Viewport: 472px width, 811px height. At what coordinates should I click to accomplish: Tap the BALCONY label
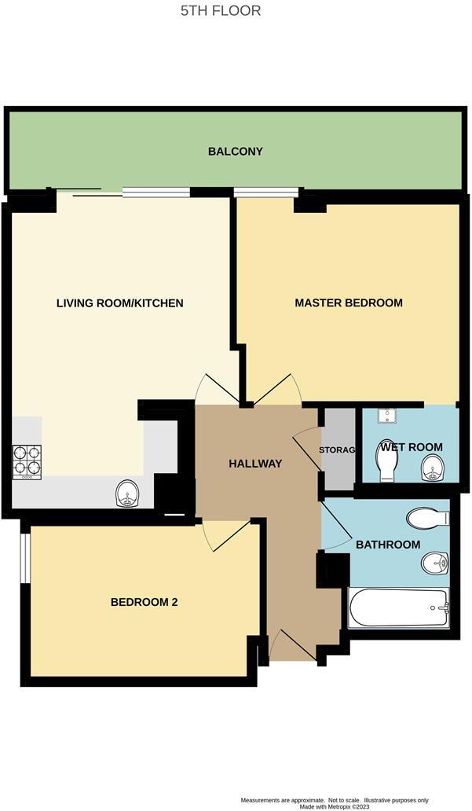(236, 151)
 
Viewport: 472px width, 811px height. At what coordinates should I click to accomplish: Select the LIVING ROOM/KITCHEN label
(119, 303)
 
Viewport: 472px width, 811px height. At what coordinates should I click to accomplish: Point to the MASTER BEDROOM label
(348, 303)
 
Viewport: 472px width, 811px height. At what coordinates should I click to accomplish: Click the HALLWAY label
(254, 464)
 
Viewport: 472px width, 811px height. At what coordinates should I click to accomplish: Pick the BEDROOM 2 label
(144, 602)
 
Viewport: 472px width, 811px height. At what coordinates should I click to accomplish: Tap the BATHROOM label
(387, 545)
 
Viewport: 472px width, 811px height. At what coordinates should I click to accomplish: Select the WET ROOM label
(411, 447)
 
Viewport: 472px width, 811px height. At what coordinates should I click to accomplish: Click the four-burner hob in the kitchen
(27, 462)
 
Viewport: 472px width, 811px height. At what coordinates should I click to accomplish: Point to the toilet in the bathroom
(426, 518)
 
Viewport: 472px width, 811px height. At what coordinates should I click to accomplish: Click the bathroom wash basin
(434, 563)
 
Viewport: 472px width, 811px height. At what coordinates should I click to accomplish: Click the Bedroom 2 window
(24, 559)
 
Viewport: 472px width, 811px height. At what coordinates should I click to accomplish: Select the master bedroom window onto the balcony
(266, 191)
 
